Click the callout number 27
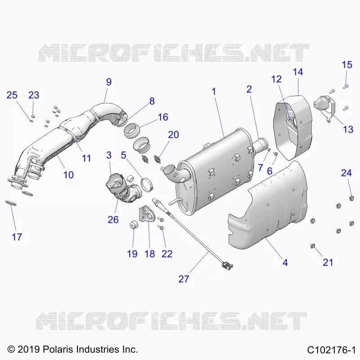[x=184, y=279]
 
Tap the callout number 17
[x=17, y=237]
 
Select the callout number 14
[x=298, y=72]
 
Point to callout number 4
[x=285, y=262]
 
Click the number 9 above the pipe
[x=109, y=82]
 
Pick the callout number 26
[x=113, y=220]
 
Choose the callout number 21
[x=328, y=262]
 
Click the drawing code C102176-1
[x=331, y=350]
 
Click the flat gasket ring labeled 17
[x=11, y=203]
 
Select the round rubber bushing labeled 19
[x=133, y=224]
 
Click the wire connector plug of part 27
[x=227, y=265]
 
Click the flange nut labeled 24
[x=351, y=198]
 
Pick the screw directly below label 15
[x=346, y=86]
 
